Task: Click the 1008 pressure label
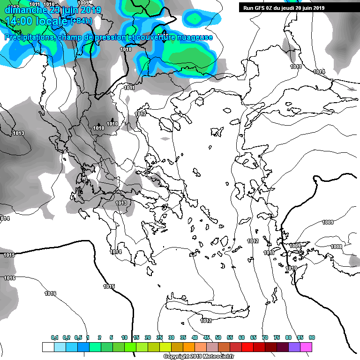336,247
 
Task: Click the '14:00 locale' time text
30,21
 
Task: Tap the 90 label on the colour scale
312,337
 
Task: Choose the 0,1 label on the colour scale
55,337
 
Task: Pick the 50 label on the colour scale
218,337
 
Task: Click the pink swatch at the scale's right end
306,347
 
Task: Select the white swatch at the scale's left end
48,347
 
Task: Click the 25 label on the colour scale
159,337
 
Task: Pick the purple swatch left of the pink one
294,347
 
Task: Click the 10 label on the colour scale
124,337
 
